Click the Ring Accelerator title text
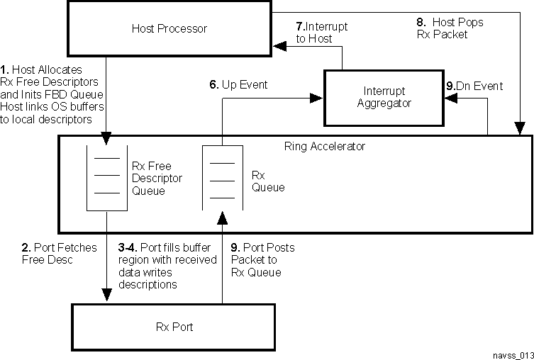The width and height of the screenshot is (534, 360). pos(295,147)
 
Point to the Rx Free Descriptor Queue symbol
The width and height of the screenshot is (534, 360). pos(106,177)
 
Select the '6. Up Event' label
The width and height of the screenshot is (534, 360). pos(238,85)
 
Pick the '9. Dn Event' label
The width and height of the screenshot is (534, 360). pos(474,86)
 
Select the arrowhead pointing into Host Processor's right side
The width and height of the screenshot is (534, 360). pos(280,47)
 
